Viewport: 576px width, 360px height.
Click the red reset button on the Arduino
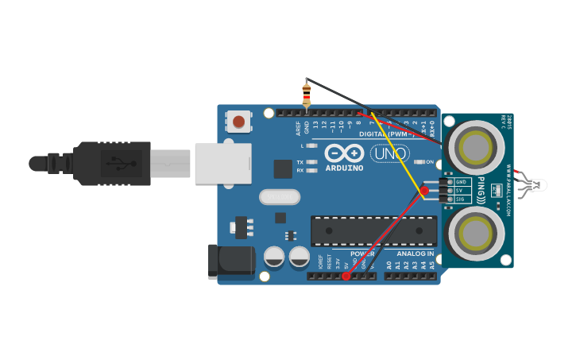pos(238,122)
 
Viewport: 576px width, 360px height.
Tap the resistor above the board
pos(307,95)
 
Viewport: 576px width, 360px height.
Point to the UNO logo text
pos(390,153)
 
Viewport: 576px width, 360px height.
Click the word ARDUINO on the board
pos(344,168)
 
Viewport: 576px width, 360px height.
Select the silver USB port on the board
pos(222,164)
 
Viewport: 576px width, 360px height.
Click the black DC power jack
pos(230,261)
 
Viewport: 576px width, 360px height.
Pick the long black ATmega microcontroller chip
pos(373,230)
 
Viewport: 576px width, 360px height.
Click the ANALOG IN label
pos(415,254)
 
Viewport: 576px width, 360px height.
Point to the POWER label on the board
pos(361,254)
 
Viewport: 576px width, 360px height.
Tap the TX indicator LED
pos(312,162)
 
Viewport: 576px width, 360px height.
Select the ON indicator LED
pos(419,162)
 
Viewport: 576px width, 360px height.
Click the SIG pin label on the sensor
pos(461,199)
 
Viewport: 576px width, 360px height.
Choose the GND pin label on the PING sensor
pos(461,182)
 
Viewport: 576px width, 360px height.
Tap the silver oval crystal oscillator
pos(280,196)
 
